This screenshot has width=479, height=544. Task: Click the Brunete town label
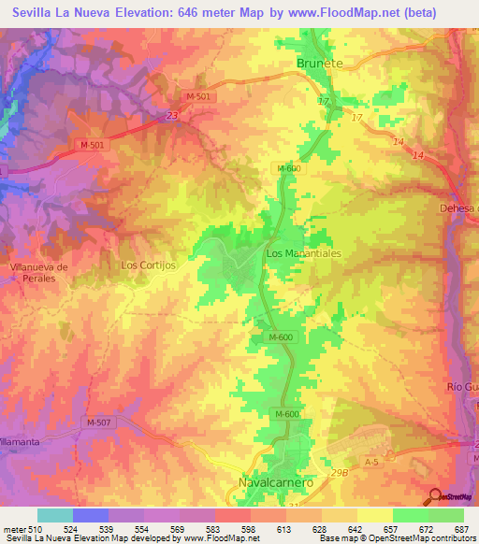(320, 63)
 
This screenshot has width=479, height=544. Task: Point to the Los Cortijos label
(149, 265)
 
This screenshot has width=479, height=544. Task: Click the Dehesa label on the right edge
(458, 208)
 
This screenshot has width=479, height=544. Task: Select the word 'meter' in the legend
(15, 528)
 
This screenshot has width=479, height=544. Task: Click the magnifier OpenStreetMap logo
(433, 496)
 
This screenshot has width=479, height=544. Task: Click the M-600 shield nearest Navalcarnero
(287, 414)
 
